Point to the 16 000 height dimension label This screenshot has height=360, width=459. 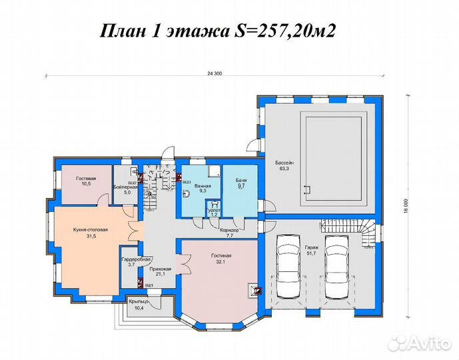click(406, 204)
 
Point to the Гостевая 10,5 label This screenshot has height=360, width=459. click(86, 183)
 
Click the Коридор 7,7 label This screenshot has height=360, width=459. click(230, 233)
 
